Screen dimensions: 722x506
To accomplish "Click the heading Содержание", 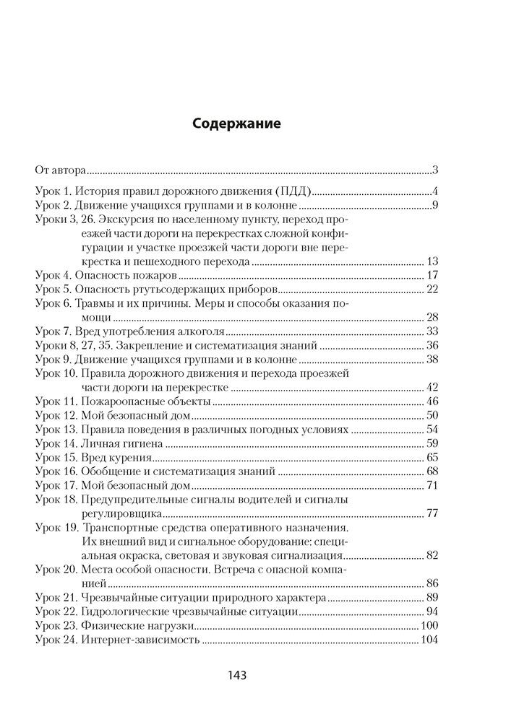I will click(x=236, y=123).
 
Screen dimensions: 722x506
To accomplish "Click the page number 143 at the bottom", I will click(x=236, y=676).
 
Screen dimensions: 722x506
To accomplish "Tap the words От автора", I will click(x=61, y=171).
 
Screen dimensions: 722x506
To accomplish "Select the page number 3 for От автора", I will click(x=436, y=171).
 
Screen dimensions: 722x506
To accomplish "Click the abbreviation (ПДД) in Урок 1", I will click(x=293, y=192).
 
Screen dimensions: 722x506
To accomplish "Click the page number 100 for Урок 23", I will click(x=430, y=625).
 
